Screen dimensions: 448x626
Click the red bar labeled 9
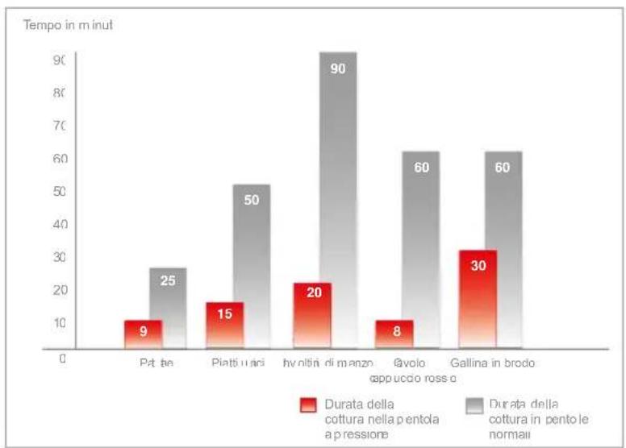(143, 334)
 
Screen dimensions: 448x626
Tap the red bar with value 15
(224, 325)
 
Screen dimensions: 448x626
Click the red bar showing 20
(312, 315)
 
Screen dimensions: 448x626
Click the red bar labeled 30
(478, 299)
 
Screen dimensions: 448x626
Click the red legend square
(307, 404)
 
